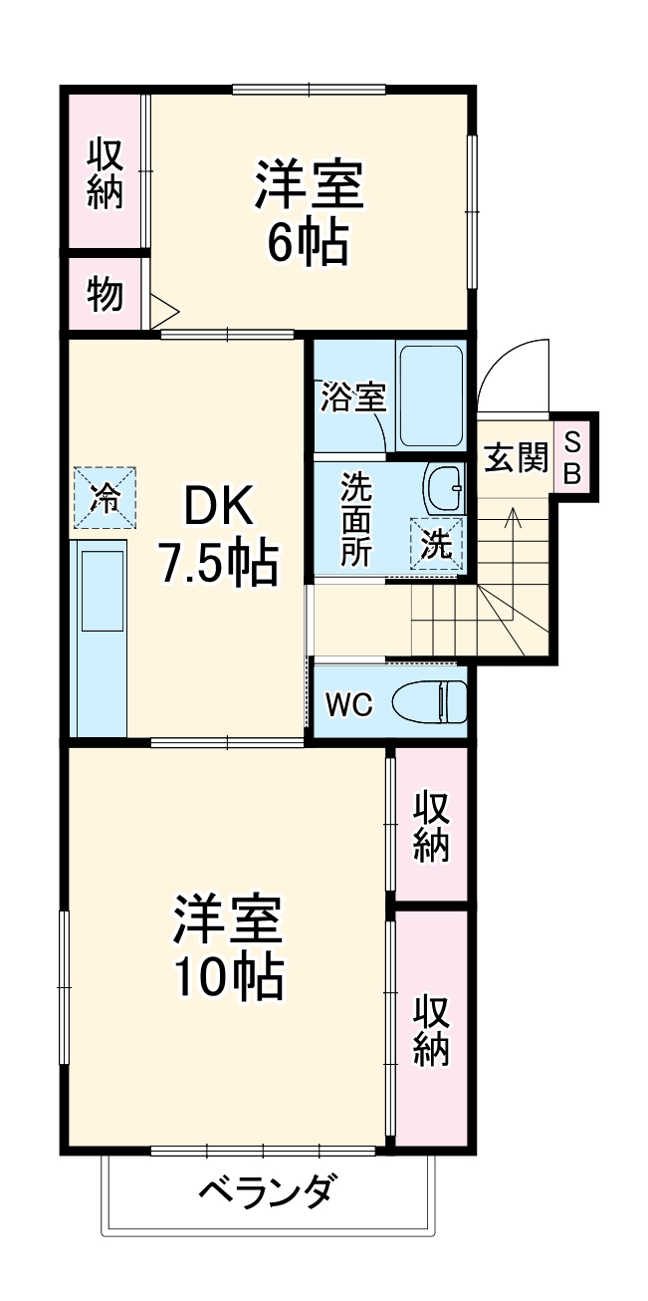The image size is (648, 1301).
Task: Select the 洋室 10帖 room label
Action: [x=230, y=947]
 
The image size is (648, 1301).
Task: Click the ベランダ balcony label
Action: [x=268, y=1191]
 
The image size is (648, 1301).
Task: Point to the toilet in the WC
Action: [x=430, y=701]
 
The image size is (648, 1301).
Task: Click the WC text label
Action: [x=348, y=704]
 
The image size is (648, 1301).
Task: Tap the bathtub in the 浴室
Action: [x=430, y=395]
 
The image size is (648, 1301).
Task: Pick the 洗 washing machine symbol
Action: [x=437, y=544]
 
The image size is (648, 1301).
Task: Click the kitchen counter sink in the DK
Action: [x=103, y=590]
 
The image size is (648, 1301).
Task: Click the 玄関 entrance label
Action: [x=515, y=457]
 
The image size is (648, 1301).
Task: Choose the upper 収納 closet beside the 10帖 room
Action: [x=431, y=826]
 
